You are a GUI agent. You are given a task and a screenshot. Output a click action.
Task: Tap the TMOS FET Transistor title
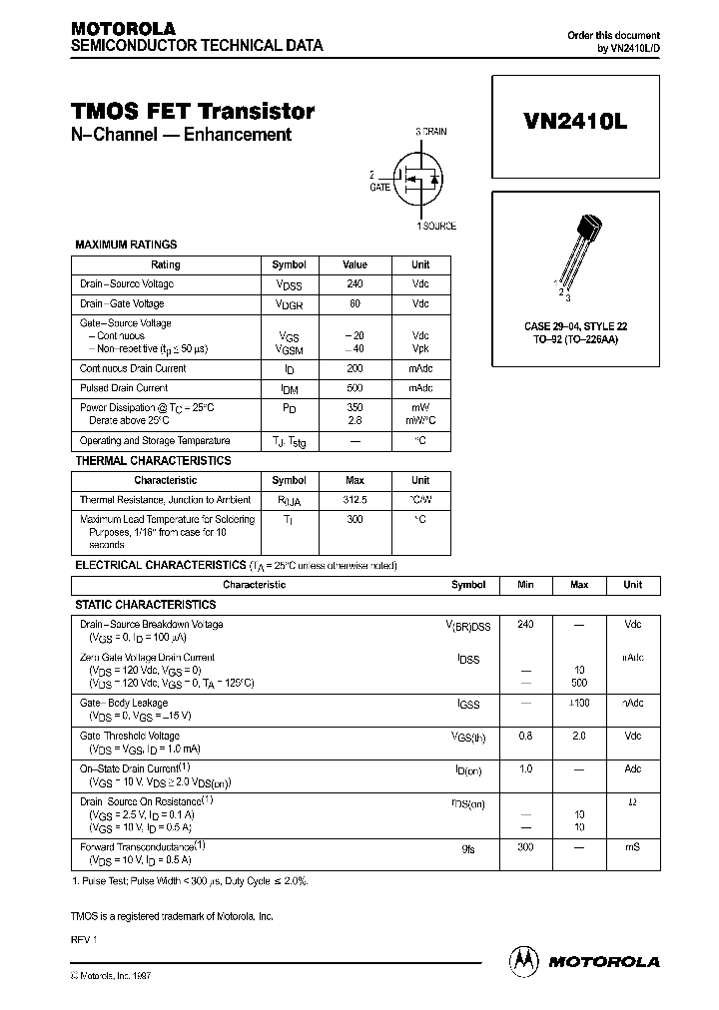coord(193,112)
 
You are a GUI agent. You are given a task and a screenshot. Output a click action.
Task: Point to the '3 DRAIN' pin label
coord(431,132)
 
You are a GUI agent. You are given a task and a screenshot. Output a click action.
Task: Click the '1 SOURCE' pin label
coord(436,227)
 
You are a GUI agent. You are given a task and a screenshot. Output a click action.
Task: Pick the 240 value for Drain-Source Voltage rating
coord(355,284)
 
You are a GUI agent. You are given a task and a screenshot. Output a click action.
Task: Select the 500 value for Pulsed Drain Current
coord(355,388)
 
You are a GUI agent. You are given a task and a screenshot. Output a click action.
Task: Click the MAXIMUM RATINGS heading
coord(126,245)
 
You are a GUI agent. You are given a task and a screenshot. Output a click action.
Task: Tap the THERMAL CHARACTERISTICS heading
coord(153,461)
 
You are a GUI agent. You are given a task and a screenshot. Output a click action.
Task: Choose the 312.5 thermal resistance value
coord(355,499)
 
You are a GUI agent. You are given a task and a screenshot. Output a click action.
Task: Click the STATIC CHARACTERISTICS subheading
coord(146,605)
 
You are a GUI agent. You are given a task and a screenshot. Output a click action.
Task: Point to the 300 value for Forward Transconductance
coord(526,847)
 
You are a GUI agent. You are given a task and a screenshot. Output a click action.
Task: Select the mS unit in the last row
coord(632,847)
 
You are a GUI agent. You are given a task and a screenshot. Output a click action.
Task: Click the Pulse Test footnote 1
coord(190,882)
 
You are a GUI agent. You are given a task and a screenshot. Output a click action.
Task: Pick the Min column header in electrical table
coord(526,585)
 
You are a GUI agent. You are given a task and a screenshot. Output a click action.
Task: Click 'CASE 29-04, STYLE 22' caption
coord(575,326)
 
